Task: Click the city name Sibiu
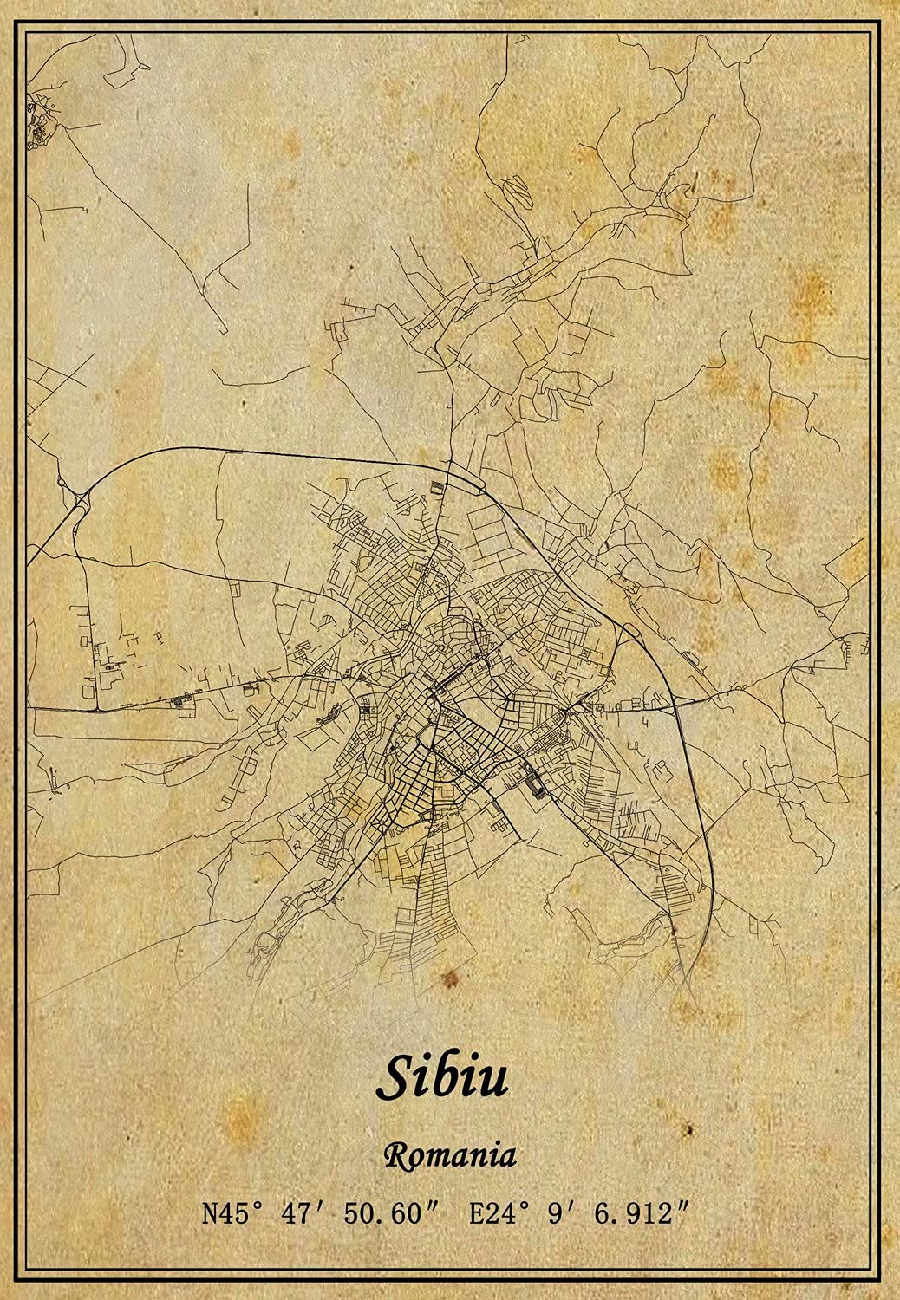tap(443, 1076)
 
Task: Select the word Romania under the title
tap(450, 1155)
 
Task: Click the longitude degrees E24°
tap(499, 1213)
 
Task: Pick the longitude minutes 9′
tap(558, 1213)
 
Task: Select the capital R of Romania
tap(394, 1155)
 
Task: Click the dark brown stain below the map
tap(449, 979)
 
